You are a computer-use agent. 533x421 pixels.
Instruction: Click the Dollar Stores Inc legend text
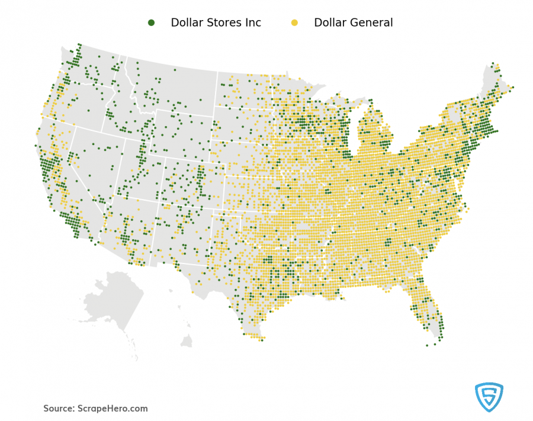point(216,23)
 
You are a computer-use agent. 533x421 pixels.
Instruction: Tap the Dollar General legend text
point(353,23)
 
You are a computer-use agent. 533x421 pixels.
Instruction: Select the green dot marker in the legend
point(151,23)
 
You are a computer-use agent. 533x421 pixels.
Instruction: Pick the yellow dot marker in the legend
point(294,23)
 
